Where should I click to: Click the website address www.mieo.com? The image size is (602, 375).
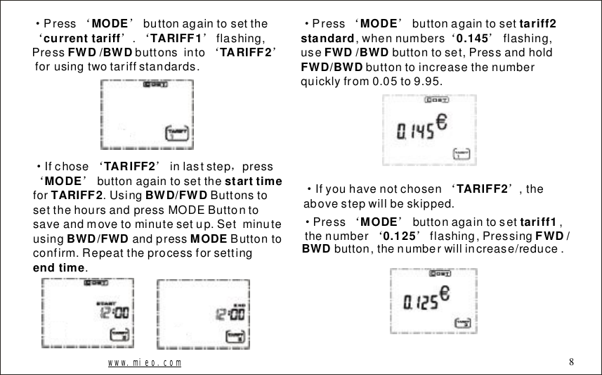145,363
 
